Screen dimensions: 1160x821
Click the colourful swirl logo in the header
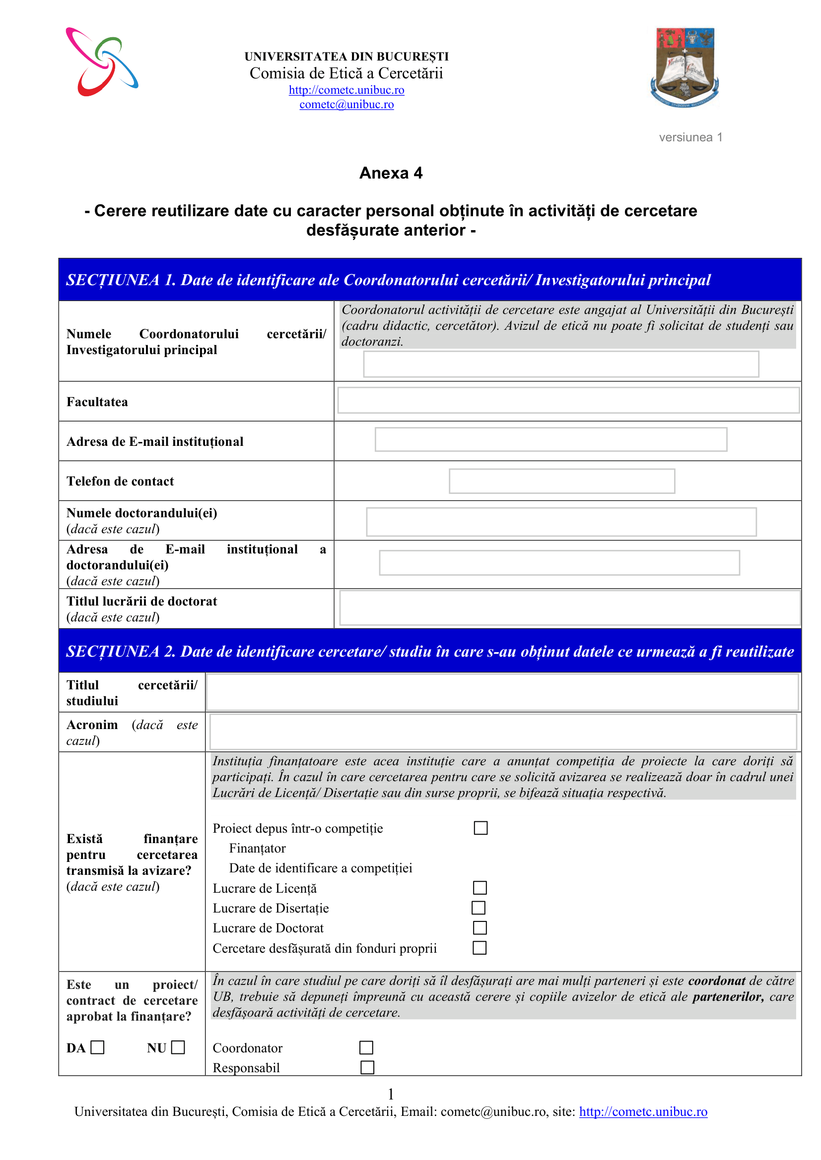coord(102,61)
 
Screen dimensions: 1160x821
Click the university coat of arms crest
coord(685,67)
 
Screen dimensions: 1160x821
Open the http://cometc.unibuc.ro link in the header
coord(346,90)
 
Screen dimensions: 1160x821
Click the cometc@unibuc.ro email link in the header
coord(346,105)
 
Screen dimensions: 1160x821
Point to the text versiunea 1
coord(690,137)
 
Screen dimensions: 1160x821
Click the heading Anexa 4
coord(391,173)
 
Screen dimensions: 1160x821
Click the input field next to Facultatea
coord(568,400)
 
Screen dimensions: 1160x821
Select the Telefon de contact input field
coord(562,481)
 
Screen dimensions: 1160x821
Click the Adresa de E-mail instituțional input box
coord(550,439)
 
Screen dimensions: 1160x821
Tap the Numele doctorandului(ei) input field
coord(561,522)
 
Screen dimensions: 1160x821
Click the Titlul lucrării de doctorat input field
coord(569,608)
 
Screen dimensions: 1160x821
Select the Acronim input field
coord(503,732)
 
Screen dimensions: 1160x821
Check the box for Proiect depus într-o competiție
coord(481,828)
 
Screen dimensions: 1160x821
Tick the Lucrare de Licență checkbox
coord(480,888)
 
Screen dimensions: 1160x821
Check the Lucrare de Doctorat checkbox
coord(480,927)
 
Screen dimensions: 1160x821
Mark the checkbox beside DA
coord(98,1047)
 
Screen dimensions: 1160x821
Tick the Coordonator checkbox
coord(366,1048)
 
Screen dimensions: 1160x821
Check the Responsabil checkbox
coord(367,1068)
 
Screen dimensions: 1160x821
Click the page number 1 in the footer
coord(391,1095)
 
